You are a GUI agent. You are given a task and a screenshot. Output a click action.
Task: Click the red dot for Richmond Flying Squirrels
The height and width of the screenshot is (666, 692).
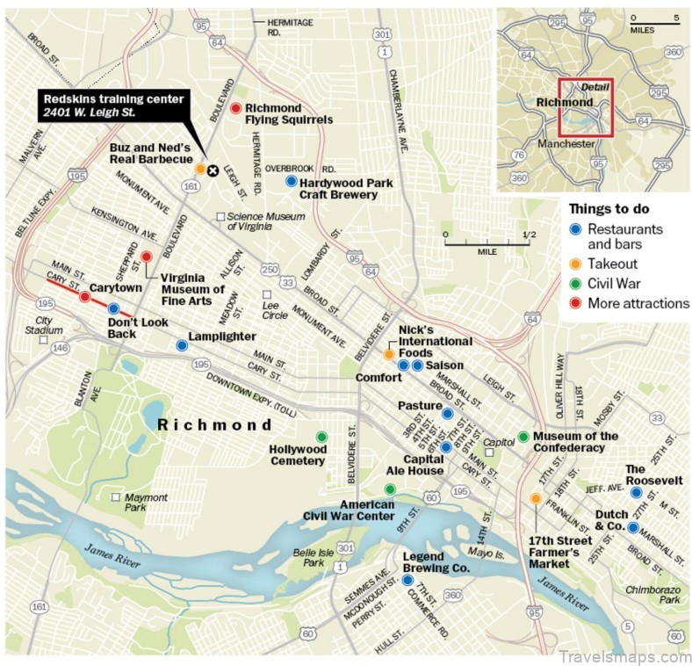(235, 108)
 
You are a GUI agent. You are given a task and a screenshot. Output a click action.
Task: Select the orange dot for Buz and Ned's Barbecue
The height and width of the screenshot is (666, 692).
(200, 168)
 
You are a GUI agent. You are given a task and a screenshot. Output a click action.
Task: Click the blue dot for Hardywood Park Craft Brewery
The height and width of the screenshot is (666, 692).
(292, 182)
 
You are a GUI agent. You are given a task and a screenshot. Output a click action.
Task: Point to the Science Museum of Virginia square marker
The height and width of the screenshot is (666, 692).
(220, 216)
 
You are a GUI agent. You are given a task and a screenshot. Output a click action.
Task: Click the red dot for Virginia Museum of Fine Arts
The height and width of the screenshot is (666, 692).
(147, 257)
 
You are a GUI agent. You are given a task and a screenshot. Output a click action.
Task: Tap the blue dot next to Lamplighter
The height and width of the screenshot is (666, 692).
(181, 345)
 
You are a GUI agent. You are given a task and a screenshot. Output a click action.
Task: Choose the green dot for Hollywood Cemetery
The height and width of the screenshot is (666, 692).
(321, 437)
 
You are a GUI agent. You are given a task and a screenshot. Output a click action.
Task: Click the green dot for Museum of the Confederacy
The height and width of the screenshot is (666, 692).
(523, 437)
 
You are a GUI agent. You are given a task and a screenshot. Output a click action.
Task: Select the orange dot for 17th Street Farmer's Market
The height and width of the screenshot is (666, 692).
(536, 499)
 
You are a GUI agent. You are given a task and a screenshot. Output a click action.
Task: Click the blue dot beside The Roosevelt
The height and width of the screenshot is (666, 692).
(636, 493)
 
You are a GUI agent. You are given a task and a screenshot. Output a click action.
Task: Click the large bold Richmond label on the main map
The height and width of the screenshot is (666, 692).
(215, 424)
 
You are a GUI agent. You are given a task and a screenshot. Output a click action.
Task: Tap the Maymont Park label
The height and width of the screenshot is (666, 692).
(146, 503)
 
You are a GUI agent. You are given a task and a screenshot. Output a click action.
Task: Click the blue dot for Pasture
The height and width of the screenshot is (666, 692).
(447, 414)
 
